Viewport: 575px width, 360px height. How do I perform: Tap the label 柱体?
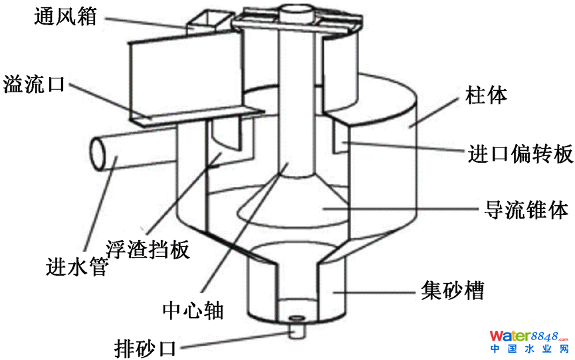tap(486, 95)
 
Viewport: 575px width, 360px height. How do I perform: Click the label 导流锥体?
tap(524, 210)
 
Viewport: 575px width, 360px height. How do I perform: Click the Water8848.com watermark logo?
tap(529, 335)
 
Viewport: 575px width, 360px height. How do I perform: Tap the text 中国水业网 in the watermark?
tap(529, 349)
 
